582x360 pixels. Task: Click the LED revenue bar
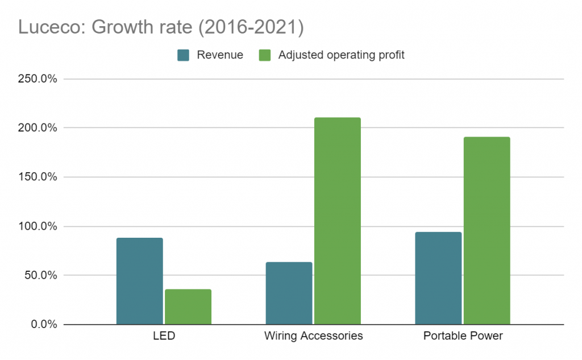pos(140,281)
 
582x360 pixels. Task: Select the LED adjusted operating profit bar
pos(188,307)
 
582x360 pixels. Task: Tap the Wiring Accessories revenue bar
pos(289,293)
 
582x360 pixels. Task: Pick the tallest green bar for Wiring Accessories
pos(337,221)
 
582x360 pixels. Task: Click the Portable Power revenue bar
pos(438,278)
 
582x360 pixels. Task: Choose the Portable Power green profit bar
pos(487,231)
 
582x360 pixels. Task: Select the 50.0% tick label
pos(40,275)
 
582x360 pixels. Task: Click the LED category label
pos(164,336)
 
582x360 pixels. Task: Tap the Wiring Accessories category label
pos(313,336)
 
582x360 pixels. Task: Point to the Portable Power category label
pos(463,336)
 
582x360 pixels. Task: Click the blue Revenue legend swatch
pos(183,55)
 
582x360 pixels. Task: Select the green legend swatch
pos(265,55)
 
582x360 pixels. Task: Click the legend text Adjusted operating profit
pos(341,55)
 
